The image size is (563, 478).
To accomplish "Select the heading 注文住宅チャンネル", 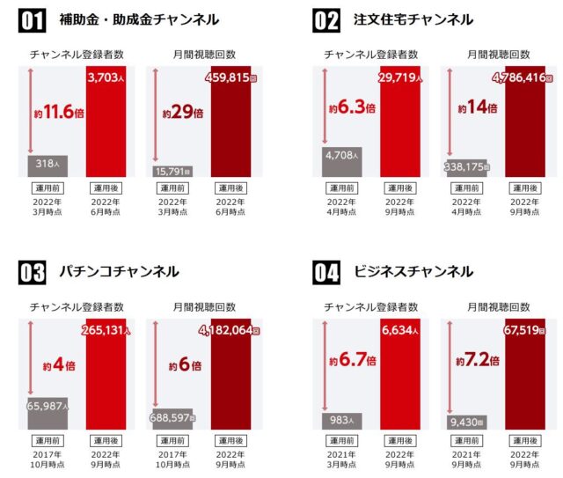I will [412, 20].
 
